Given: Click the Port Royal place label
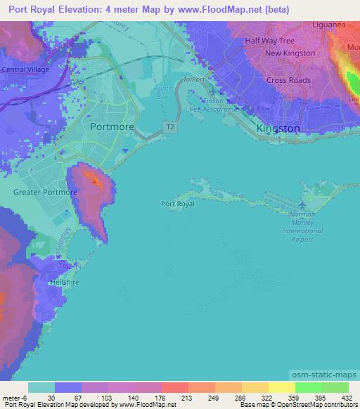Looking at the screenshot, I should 177,204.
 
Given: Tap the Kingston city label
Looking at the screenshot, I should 278,129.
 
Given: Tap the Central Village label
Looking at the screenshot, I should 25,70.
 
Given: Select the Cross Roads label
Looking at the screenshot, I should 289,80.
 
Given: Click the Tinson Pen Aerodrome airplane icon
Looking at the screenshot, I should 214,91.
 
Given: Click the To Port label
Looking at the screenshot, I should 193,80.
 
